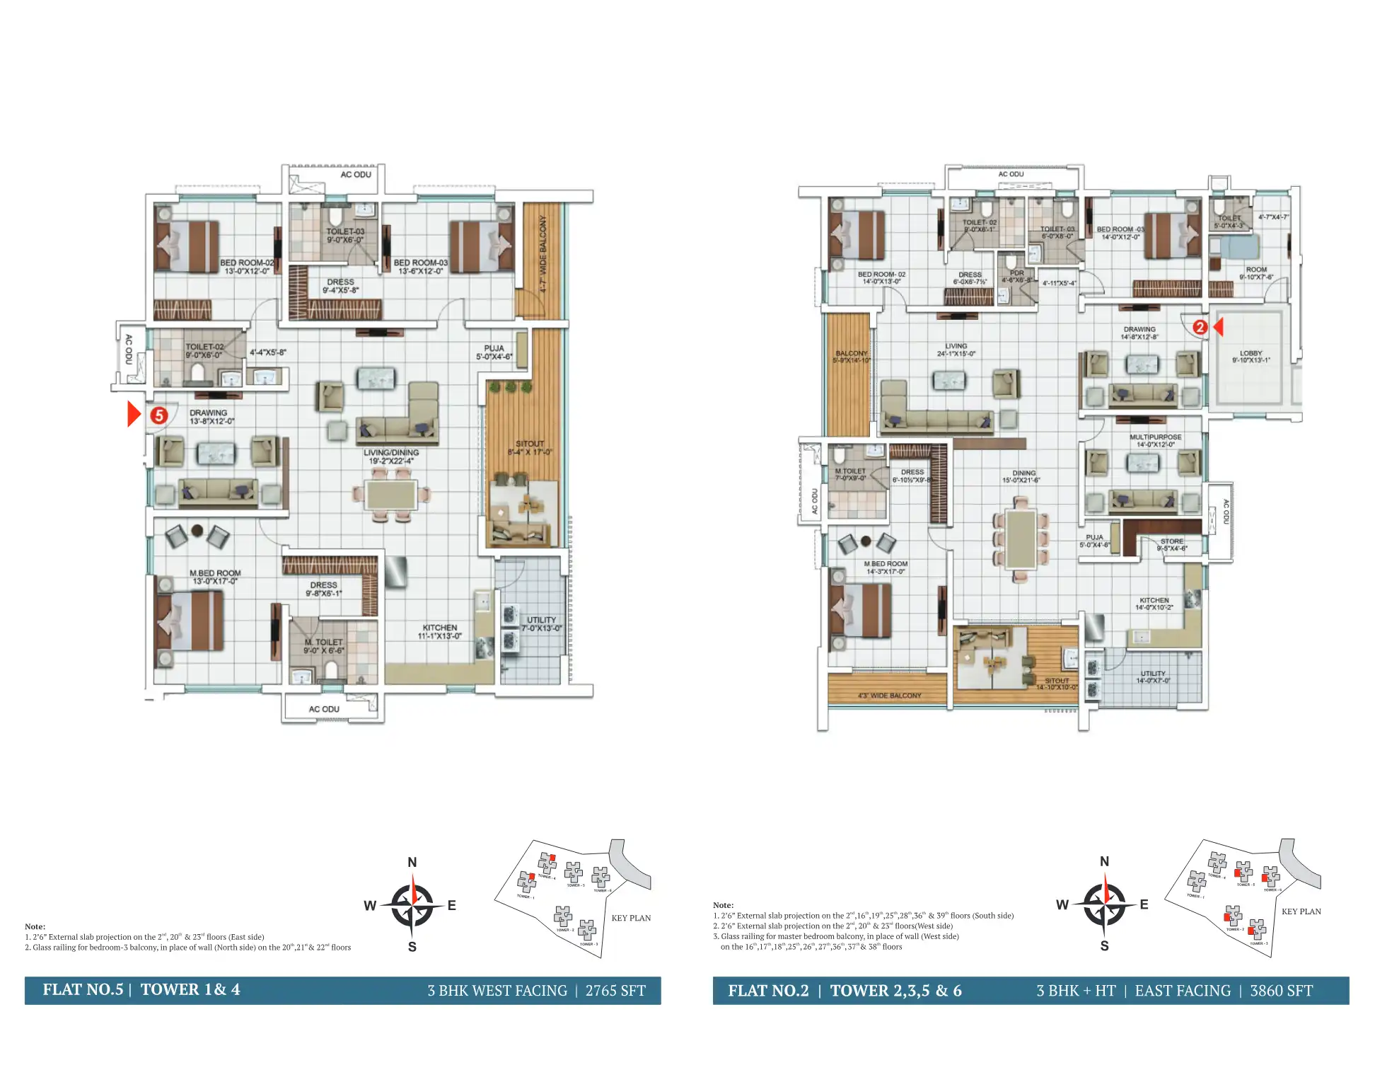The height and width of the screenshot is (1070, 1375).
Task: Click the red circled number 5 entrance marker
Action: point(159,415)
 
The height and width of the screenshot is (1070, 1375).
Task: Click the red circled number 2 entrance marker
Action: point(1200,327)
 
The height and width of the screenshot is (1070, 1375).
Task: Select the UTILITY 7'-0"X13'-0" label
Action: point(541,623)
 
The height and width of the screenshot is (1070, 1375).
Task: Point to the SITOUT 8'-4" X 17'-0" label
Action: point(529,447)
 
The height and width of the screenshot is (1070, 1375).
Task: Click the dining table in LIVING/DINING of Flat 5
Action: point(391,494)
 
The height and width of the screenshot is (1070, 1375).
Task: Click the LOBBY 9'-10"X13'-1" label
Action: point(1251,357)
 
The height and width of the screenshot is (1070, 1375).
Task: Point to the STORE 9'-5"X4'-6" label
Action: point(1171,544)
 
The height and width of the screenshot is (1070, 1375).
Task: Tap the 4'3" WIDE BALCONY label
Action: point(889,696)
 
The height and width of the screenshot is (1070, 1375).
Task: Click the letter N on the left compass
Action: point(412,862)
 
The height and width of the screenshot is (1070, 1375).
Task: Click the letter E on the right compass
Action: point(1144,904)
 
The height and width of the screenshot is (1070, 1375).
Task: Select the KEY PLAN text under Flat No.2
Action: point(1301,911)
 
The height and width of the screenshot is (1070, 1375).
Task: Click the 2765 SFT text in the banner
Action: point(615,991)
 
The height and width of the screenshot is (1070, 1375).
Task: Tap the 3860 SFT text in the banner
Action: point(1281,991)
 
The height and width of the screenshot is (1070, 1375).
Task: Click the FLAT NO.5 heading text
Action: point(83,989)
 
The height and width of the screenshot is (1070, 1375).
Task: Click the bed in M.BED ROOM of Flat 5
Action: point(190,621)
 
